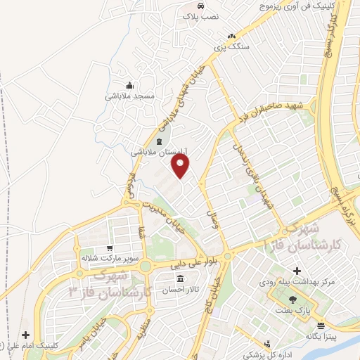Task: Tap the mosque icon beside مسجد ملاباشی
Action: tap(128, 84)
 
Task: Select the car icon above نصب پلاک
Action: tap(201, 6)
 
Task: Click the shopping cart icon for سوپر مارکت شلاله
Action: tap(109, 248)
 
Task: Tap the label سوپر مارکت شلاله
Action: tap(107, 258)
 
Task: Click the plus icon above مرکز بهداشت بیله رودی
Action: tap(296, 271)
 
